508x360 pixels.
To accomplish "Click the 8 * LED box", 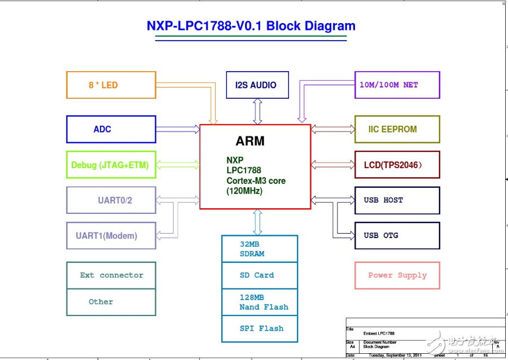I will tap(111, 85).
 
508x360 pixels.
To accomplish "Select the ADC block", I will tap(111, 129).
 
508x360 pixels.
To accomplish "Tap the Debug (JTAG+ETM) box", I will tap(111, 165).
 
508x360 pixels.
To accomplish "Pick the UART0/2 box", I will tap(111, 200).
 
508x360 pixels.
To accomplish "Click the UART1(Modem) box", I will tap(111, 235).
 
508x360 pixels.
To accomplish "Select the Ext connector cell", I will tap(111, 275).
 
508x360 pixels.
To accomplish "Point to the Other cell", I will tap(111, 302).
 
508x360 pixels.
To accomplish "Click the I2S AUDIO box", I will tap(257, 85).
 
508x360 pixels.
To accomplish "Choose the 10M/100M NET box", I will tap(397, 85).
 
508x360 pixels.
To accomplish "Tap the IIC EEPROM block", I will tap(397, 129).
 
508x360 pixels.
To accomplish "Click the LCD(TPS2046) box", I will tap(397, 165).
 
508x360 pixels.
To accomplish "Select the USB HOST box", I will tap(397, 200).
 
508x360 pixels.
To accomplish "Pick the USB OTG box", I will tap(397, 235).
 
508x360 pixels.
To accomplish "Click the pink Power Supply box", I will tap(397, 275).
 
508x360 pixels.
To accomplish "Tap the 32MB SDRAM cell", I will tap(259, 249).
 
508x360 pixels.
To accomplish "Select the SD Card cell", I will tap(259, 275).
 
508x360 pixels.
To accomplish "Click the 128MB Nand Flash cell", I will tap(259, 302).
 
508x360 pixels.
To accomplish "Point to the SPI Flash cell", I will tap(259, 328).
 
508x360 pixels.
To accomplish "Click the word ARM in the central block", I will tap(249, 141).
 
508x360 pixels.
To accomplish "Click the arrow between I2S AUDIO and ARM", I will tap(258, 111).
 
